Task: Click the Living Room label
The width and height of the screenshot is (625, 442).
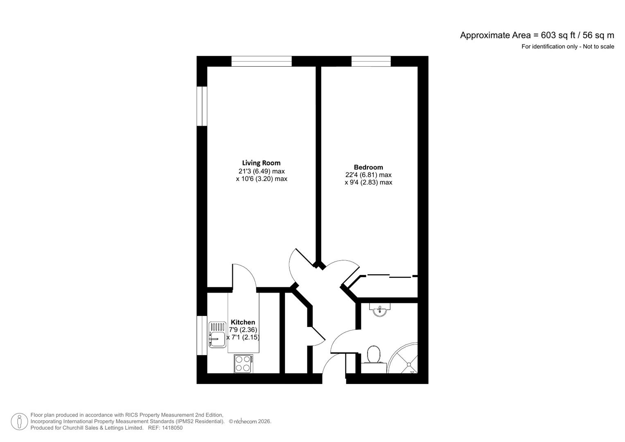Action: coord(261,163)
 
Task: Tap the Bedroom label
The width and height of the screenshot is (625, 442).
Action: coord(368,167)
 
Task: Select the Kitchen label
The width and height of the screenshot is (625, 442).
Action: coord(243,322)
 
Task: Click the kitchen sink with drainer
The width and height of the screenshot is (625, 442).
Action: coord(217,334)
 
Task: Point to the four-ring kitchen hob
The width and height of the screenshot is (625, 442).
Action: coord(243,364)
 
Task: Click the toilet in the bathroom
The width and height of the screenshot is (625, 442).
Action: coord(373,355)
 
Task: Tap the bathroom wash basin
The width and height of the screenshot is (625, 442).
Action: coord(380,309)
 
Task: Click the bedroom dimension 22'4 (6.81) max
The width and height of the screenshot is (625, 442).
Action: coord(368,175)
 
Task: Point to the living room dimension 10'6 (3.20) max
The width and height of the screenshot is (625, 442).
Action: coord(262,179)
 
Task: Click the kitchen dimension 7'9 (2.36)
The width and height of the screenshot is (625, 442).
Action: coord(243,330)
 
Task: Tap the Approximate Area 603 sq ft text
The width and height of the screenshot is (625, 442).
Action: coord(537,35)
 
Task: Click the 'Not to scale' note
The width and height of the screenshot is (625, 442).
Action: coord(598,47)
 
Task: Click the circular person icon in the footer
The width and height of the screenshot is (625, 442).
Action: coord(19,422)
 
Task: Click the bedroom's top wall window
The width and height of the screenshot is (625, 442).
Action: coord(371,61)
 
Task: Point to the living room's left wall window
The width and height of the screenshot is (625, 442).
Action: coord(202,106)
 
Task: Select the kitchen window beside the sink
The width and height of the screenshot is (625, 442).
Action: coord(202,336)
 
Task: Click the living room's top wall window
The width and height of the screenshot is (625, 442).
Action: coord(262,61)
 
